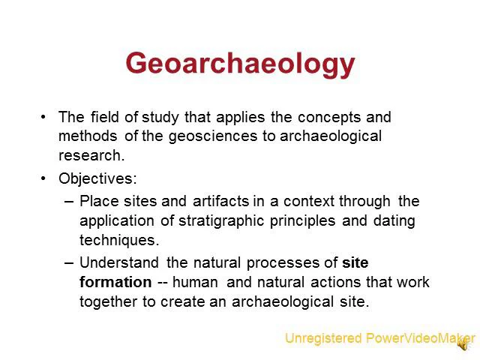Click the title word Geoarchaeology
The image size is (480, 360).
click(x=240, y=64)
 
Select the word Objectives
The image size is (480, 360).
click(x=96, y=178)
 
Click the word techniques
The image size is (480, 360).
click(x=118, y=240)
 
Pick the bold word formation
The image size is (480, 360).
click(x=115, y=282)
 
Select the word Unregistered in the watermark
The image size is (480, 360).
click(x=323, y=338)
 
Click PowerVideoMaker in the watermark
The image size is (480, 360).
click(x=420, y=338)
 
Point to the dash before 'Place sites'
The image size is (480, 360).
click(x=70, y=201)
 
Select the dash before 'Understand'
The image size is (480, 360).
click(x=70, y=262)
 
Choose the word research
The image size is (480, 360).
click(x=91, y=156)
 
